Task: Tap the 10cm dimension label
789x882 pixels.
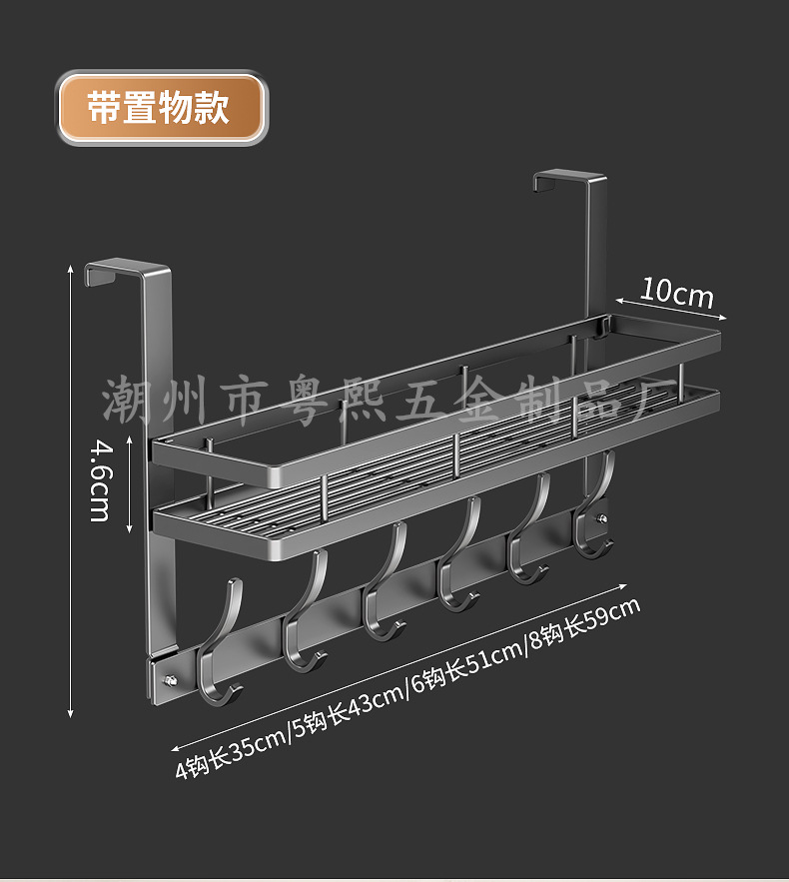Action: [x=677, y=293]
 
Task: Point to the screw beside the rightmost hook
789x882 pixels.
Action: [x=602, y=518]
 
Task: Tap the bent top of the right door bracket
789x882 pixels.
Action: [x=569, y=180]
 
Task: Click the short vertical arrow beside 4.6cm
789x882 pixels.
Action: [x=131, y=483]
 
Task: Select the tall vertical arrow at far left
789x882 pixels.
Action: [x=71, y=489]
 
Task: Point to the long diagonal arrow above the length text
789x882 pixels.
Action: [x=399, y=662]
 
